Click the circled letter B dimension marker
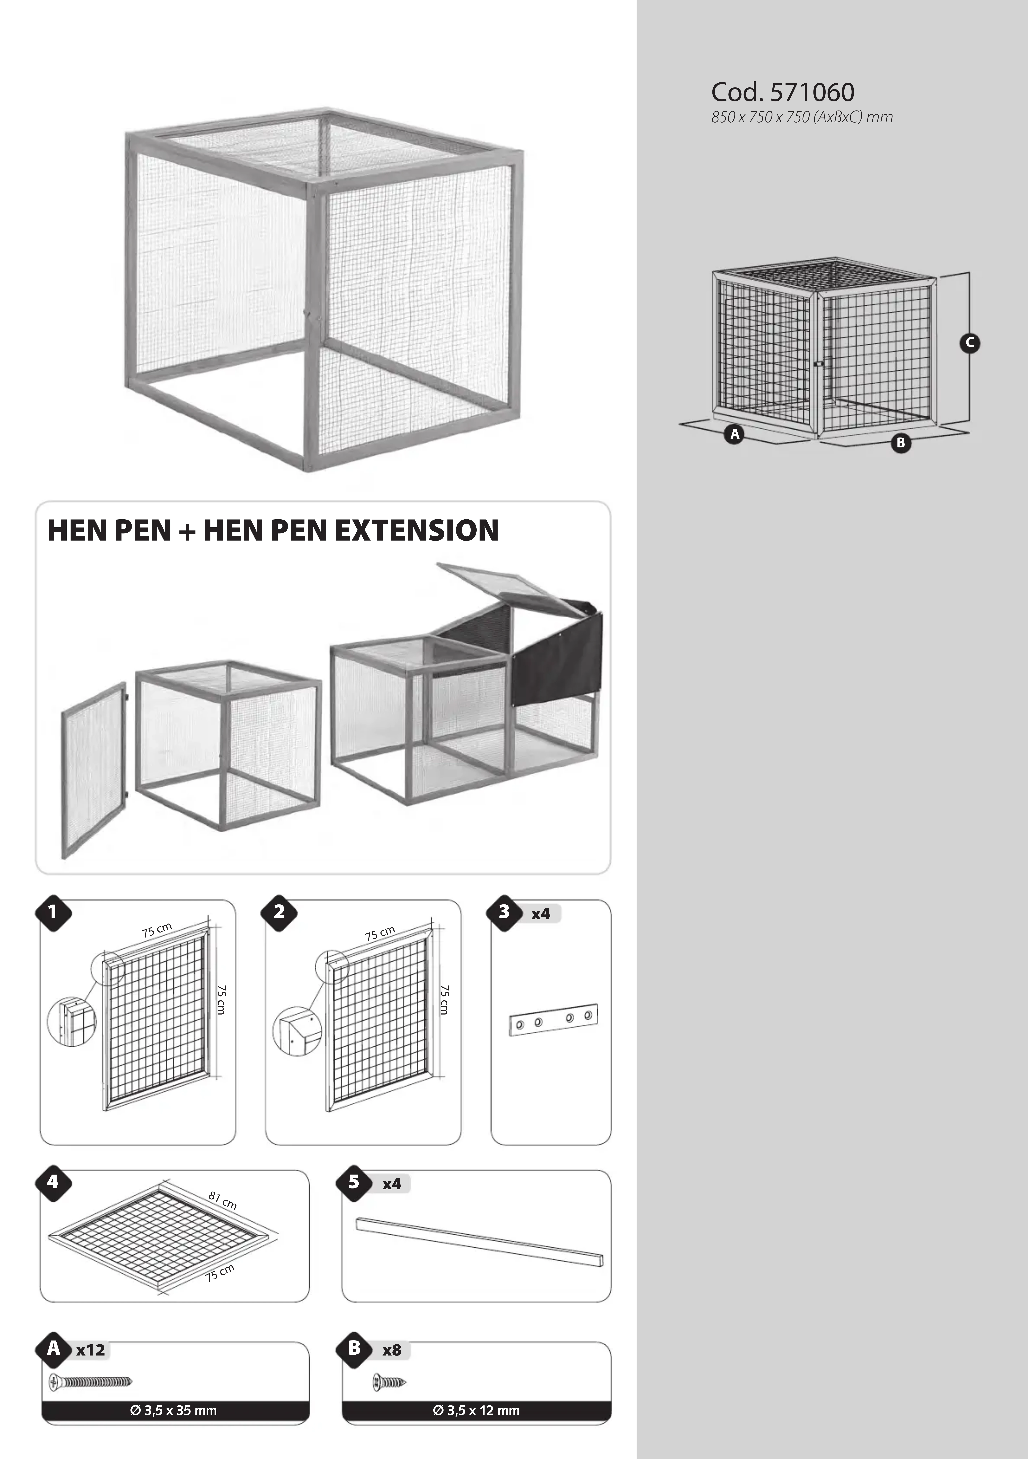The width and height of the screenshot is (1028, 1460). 900,443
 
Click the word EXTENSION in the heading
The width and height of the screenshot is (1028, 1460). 416,530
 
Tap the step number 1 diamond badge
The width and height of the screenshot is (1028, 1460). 53,913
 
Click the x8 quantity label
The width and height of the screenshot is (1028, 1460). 392,1350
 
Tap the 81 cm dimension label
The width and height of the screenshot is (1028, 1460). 222,1201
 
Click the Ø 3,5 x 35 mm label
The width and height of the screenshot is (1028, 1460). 174,1410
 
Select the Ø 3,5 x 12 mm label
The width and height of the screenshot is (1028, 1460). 476,1410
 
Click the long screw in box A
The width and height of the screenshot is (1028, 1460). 90,1382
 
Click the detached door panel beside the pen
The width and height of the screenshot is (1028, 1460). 94,770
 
